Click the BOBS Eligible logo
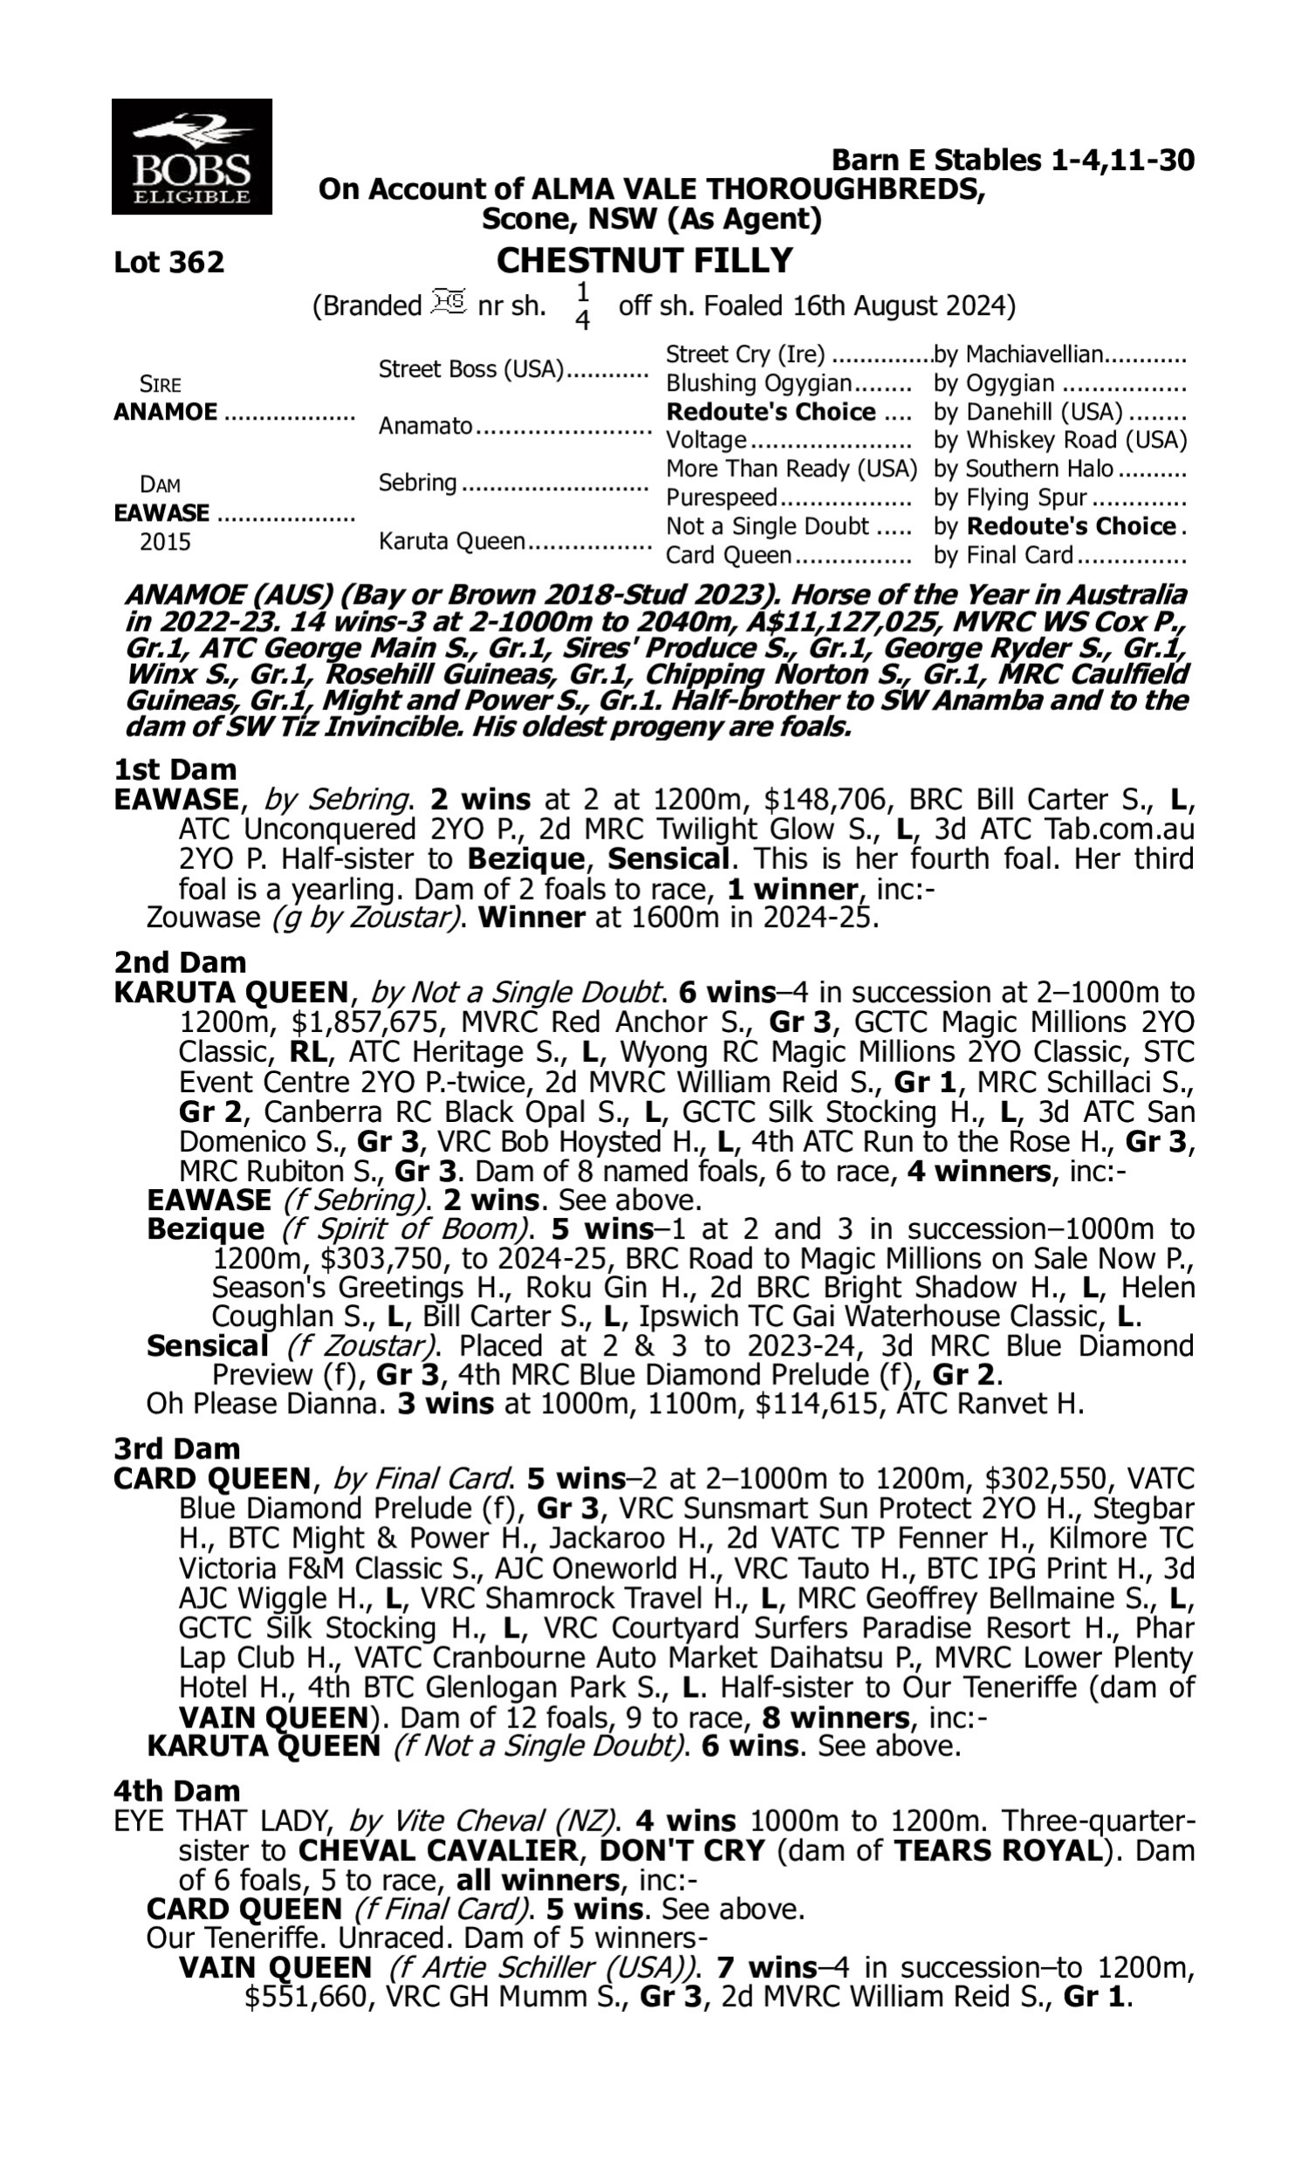tap(191, 156)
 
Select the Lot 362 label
tap(169, 262)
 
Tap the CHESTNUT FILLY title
tap(645, 260)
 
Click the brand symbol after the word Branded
tap(449, 304)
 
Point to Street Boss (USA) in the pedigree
tap(470, 368)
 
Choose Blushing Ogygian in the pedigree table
tap(757, 384)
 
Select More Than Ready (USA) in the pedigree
tap(792, 468)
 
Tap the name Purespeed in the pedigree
tap(721, 498)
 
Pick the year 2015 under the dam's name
tap(165, 541)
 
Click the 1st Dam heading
tap(175, 769)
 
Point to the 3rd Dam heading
tap(176, 1447)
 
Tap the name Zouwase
tap(202, 918)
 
